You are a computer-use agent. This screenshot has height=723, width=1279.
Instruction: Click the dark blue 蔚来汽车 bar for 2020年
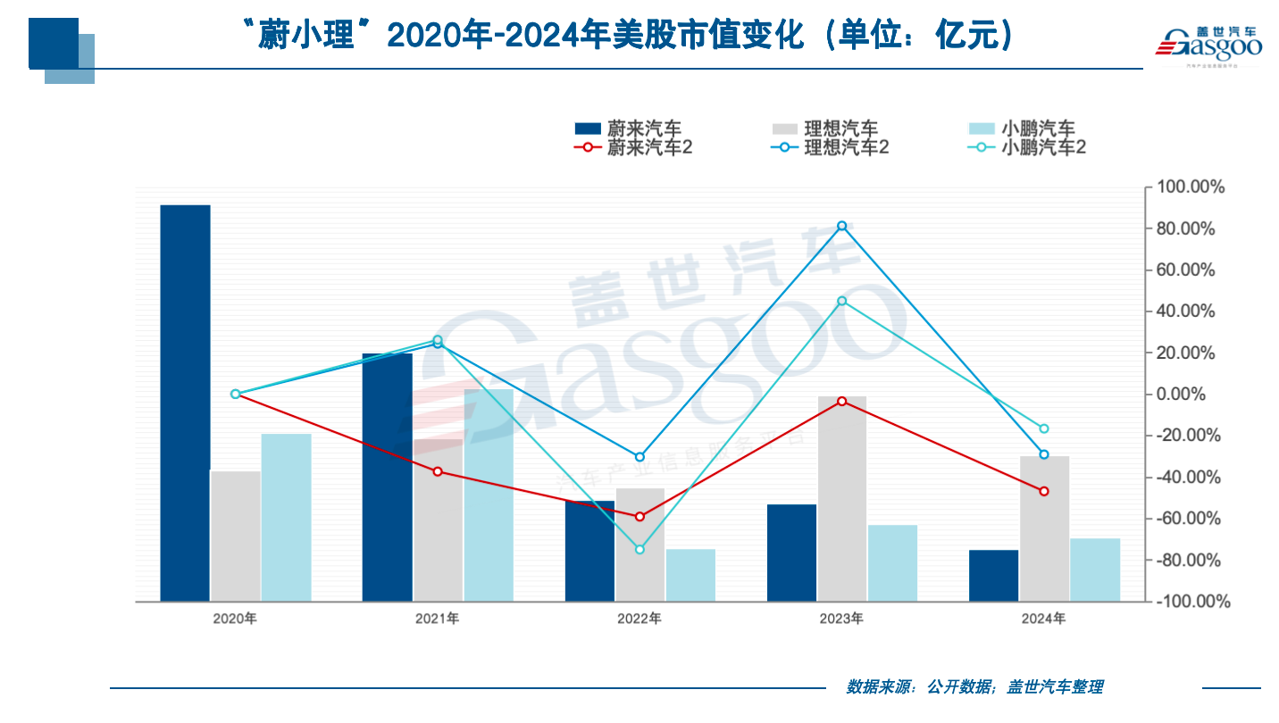click(185, 402)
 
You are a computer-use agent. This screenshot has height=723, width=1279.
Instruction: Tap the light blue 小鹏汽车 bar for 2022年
click(690, 575)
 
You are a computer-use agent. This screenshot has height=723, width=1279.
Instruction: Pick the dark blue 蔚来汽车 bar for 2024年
click(993, 576)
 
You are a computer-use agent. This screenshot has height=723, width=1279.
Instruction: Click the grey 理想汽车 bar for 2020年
click(236, 536)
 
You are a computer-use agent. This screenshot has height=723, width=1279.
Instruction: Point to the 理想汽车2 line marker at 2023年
click(841, 226)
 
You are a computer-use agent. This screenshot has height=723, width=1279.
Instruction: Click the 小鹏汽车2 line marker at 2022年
click(639, 549)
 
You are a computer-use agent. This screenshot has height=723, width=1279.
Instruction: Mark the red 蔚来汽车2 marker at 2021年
click(437, 471)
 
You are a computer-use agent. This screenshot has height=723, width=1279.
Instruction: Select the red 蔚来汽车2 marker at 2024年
click(1043, 491)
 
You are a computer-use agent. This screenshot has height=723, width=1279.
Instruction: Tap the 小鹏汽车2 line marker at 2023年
click(841, 301)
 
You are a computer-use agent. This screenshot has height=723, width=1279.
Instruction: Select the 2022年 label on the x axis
click(639, 619)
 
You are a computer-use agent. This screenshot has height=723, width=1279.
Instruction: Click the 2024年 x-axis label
click(1043, 619)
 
